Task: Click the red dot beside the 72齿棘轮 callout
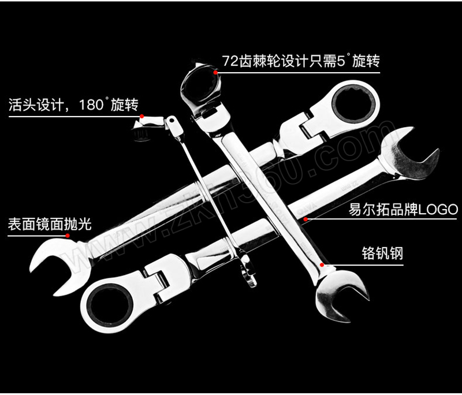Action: point(215,72)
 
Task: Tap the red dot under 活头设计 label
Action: point(141,116)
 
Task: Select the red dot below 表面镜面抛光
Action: point(68,236)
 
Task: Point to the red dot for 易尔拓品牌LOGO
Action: point(306,219)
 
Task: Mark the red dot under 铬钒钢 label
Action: point(322,265)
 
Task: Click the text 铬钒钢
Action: point(382,253)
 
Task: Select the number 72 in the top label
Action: point(230,61)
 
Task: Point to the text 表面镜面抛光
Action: point(50,224)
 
